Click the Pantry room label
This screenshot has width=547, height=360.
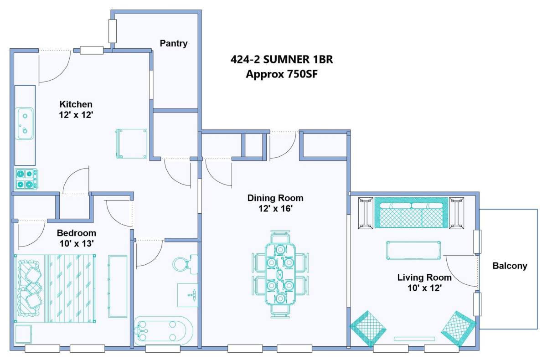pos(174,43)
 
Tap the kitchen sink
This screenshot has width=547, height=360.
pos(25,123)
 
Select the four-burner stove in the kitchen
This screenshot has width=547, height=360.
pos(26,179)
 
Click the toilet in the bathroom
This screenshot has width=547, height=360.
pos(186,264)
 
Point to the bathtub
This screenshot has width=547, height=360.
pos(164,330)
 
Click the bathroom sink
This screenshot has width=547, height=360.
pos(187,295)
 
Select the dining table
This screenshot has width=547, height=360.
pos(280,274)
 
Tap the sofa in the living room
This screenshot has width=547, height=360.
pos(411,213)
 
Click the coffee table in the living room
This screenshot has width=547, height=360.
pos(413,250)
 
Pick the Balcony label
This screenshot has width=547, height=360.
pos(510,266)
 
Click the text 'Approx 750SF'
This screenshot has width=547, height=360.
pos(282,74)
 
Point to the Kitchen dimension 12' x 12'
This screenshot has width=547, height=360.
pos(76,115)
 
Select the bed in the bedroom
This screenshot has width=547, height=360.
pos(55,289)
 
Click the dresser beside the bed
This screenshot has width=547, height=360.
pos(118,286)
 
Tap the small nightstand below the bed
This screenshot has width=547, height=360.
pos(23,334)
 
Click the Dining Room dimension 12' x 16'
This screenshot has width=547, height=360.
pos(275,208)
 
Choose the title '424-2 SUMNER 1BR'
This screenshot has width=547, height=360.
pos(282,60)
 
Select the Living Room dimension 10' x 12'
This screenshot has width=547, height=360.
pos(424,288)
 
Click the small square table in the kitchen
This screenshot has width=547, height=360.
pos(131,144)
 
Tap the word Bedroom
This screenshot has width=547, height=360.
pos(77,233)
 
